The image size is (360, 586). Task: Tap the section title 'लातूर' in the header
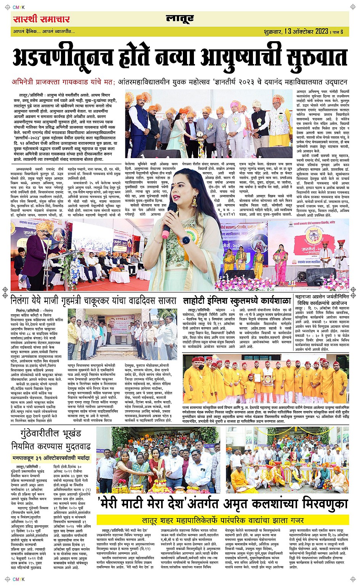click(x=179, y=18)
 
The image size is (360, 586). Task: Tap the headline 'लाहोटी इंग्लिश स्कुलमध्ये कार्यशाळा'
click(x=237, y=300)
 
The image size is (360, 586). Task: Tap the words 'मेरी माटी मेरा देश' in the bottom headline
click(x=138, y=504)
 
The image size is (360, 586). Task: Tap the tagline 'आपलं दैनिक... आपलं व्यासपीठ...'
click(x=44, y=31)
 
